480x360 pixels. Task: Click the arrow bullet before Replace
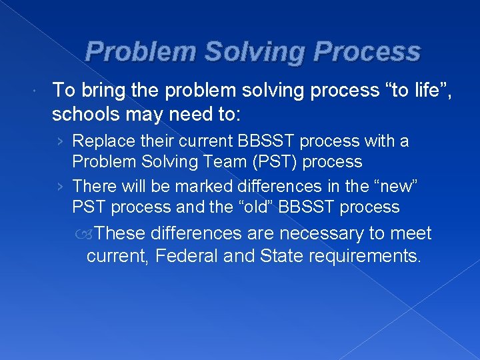click(61, 141)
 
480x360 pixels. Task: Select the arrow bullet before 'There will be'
click(61, 187)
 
